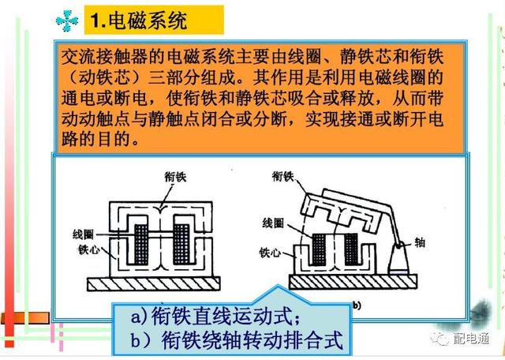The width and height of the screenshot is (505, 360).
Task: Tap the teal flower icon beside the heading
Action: [67, 21]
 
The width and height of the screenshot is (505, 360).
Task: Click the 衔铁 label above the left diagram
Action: [175, 177]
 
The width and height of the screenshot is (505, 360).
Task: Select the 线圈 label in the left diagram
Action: [84, 234]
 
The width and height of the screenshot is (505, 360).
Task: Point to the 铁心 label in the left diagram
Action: [88, 249]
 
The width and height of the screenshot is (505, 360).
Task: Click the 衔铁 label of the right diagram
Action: [283, 177]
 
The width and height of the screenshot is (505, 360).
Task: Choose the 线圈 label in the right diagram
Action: [273, 223]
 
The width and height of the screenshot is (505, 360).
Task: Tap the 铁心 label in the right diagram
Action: [270, 253]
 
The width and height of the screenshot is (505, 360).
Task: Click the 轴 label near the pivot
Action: [420, 242]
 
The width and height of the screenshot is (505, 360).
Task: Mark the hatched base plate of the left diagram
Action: [154, 283]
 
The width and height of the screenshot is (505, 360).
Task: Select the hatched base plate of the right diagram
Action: [353, 282]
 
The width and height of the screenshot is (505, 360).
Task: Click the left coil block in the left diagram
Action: [141, 244]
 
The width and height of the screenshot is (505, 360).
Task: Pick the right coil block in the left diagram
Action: [181, 244]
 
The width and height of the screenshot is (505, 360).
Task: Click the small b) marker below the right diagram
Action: [357, 306]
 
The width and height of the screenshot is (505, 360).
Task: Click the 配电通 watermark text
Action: [472, 339]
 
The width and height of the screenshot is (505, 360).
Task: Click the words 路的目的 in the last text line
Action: [95, 139]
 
